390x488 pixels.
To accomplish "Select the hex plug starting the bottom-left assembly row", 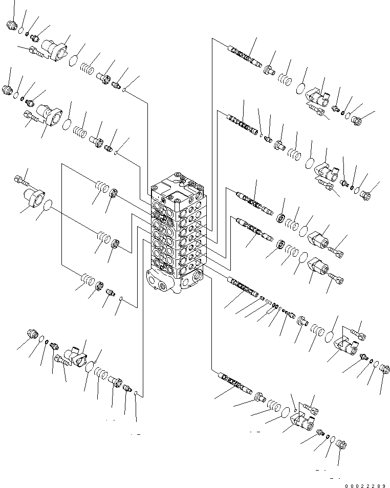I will pos(33,335).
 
